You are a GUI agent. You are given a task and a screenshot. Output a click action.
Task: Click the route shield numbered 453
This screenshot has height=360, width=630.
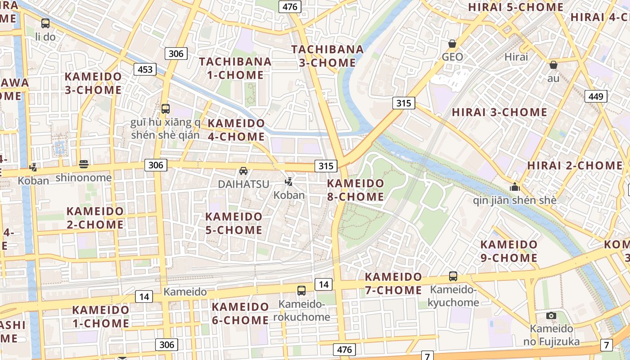tap(145, 69)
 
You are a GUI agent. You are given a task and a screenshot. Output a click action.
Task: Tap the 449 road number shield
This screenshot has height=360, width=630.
tap(596, 96)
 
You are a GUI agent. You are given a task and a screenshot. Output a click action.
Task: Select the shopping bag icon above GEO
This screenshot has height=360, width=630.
tap(452, 44)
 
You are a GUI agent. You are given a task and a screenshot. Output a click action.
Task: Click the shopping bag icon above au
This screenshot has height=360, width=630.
tap(553, 65)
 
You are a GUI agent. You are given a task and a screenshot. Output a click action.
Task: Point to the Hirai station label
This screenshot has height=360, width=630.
tap(516, 57)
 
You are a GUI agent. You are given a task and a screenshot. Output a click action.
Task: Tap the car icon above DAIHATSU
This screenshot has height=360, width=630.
tap(243, 171)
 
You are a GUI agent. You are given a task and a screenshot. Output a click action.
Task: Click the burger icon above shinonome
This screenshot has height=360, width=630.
tap(83, 164)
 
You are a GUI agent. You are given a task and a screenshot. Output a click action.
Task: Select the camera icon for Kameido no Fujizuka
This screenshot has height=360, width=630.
tap(551, 315)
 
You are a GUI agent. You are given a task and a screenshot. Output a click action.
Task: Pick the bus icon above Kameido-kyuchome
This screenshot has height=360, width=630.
tap(453, 276)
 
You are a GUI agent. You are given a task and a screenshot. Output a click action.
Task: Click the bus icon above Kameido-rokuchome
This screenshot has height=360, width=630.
tap(301, 291)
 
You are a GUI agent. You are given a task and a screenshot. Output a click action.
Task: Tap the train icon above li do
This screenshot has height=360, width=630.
tap(45, 23)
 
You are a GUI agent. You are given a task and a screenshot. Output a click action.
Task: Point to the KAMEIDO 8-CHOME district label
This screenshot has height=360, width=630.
tap(355, 190)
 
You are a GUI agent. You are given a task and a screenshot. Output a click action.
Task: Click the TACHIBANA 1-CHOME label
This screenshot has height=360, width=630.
tap(235, 68)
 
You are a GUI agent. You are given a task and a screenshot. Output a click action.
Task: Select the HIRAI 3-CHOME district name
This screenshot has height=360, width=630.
tap(499, 112)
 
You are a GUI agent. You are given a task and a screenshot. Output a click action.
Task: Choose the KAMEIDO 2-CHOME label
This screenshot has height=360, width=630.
tap(95, 217)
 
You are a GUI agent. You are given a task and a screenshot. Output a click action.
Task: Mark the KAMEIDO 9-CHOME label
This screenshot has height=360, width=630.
tap(509, 251)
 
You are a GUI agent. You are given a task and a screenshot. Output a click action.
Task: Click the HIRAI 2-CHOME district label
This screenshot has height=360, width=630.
tap(575, 165)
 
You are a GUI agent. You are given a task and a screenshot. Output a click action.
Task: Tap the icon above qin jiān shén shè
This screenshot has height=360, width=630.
tap(514, 187)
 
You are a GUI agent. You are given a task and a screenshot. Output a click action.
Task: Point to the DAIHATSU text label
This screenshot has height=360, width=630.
tap(243, 184)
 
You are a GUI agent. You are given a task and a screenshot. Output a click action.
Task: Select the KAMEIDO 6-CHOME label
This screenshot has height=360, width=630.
tap(240, 314)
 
